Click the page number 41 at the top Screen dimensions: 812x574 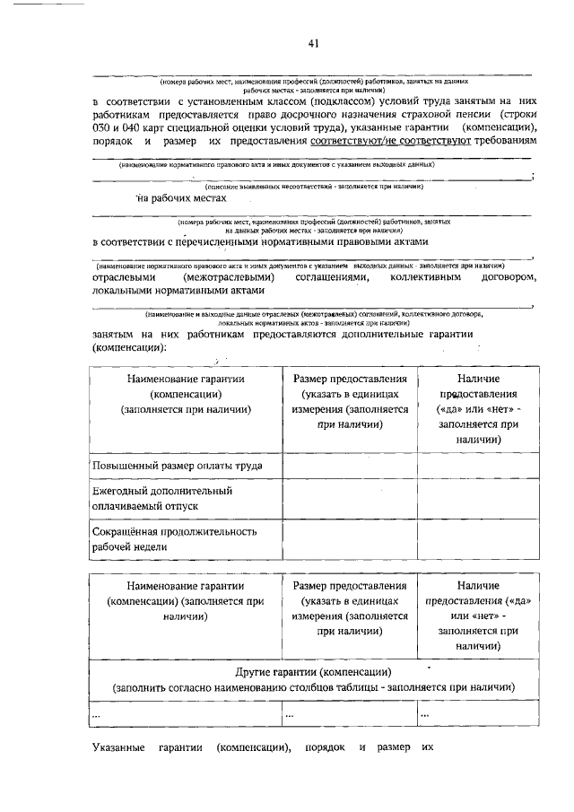coord(312,42)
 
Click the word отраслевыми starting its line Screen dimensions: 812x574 coord(123,279)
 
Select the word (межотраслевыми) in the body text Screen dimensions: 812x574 coord(228,279)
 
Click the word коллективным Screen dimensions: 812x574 coord(422,279)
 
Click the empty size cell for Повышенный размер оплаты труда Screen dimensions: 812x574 coord(351,466)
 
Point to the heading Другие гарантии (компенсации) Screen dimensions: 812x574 coord(313,672)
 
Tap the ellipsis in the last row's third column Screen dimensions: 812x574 coord(425,714)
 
